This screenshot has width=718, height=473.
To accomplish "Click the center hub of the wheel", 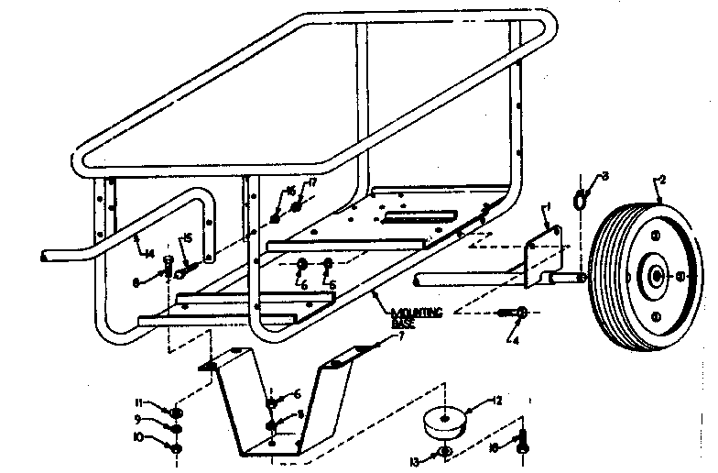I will tap(657, 275).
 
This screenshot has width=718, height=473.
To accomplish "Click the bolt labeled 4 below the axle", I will tap(519, 313).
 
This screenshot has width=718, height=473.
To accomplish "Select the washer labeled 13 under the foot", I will tap(443, 454).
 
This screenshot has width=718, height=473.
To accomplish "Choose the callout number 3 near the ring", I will tap(605, 175).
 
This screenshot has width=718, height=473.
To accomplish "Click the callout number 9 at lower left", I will tap(138, 420).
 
